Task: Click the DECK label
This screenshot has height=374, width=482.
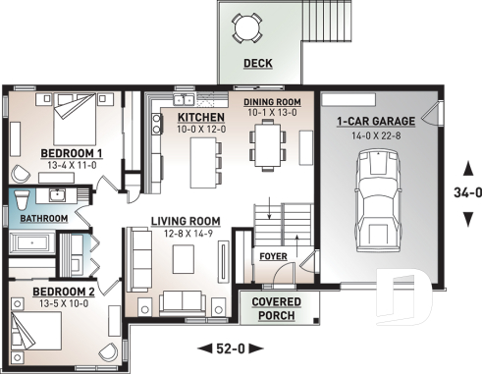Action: coord(257,66)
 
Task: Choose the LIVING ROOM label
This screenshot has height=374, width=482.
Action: coord(185,221)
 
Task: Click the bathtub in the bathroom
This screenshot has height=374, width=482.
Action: coord(33,242)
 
